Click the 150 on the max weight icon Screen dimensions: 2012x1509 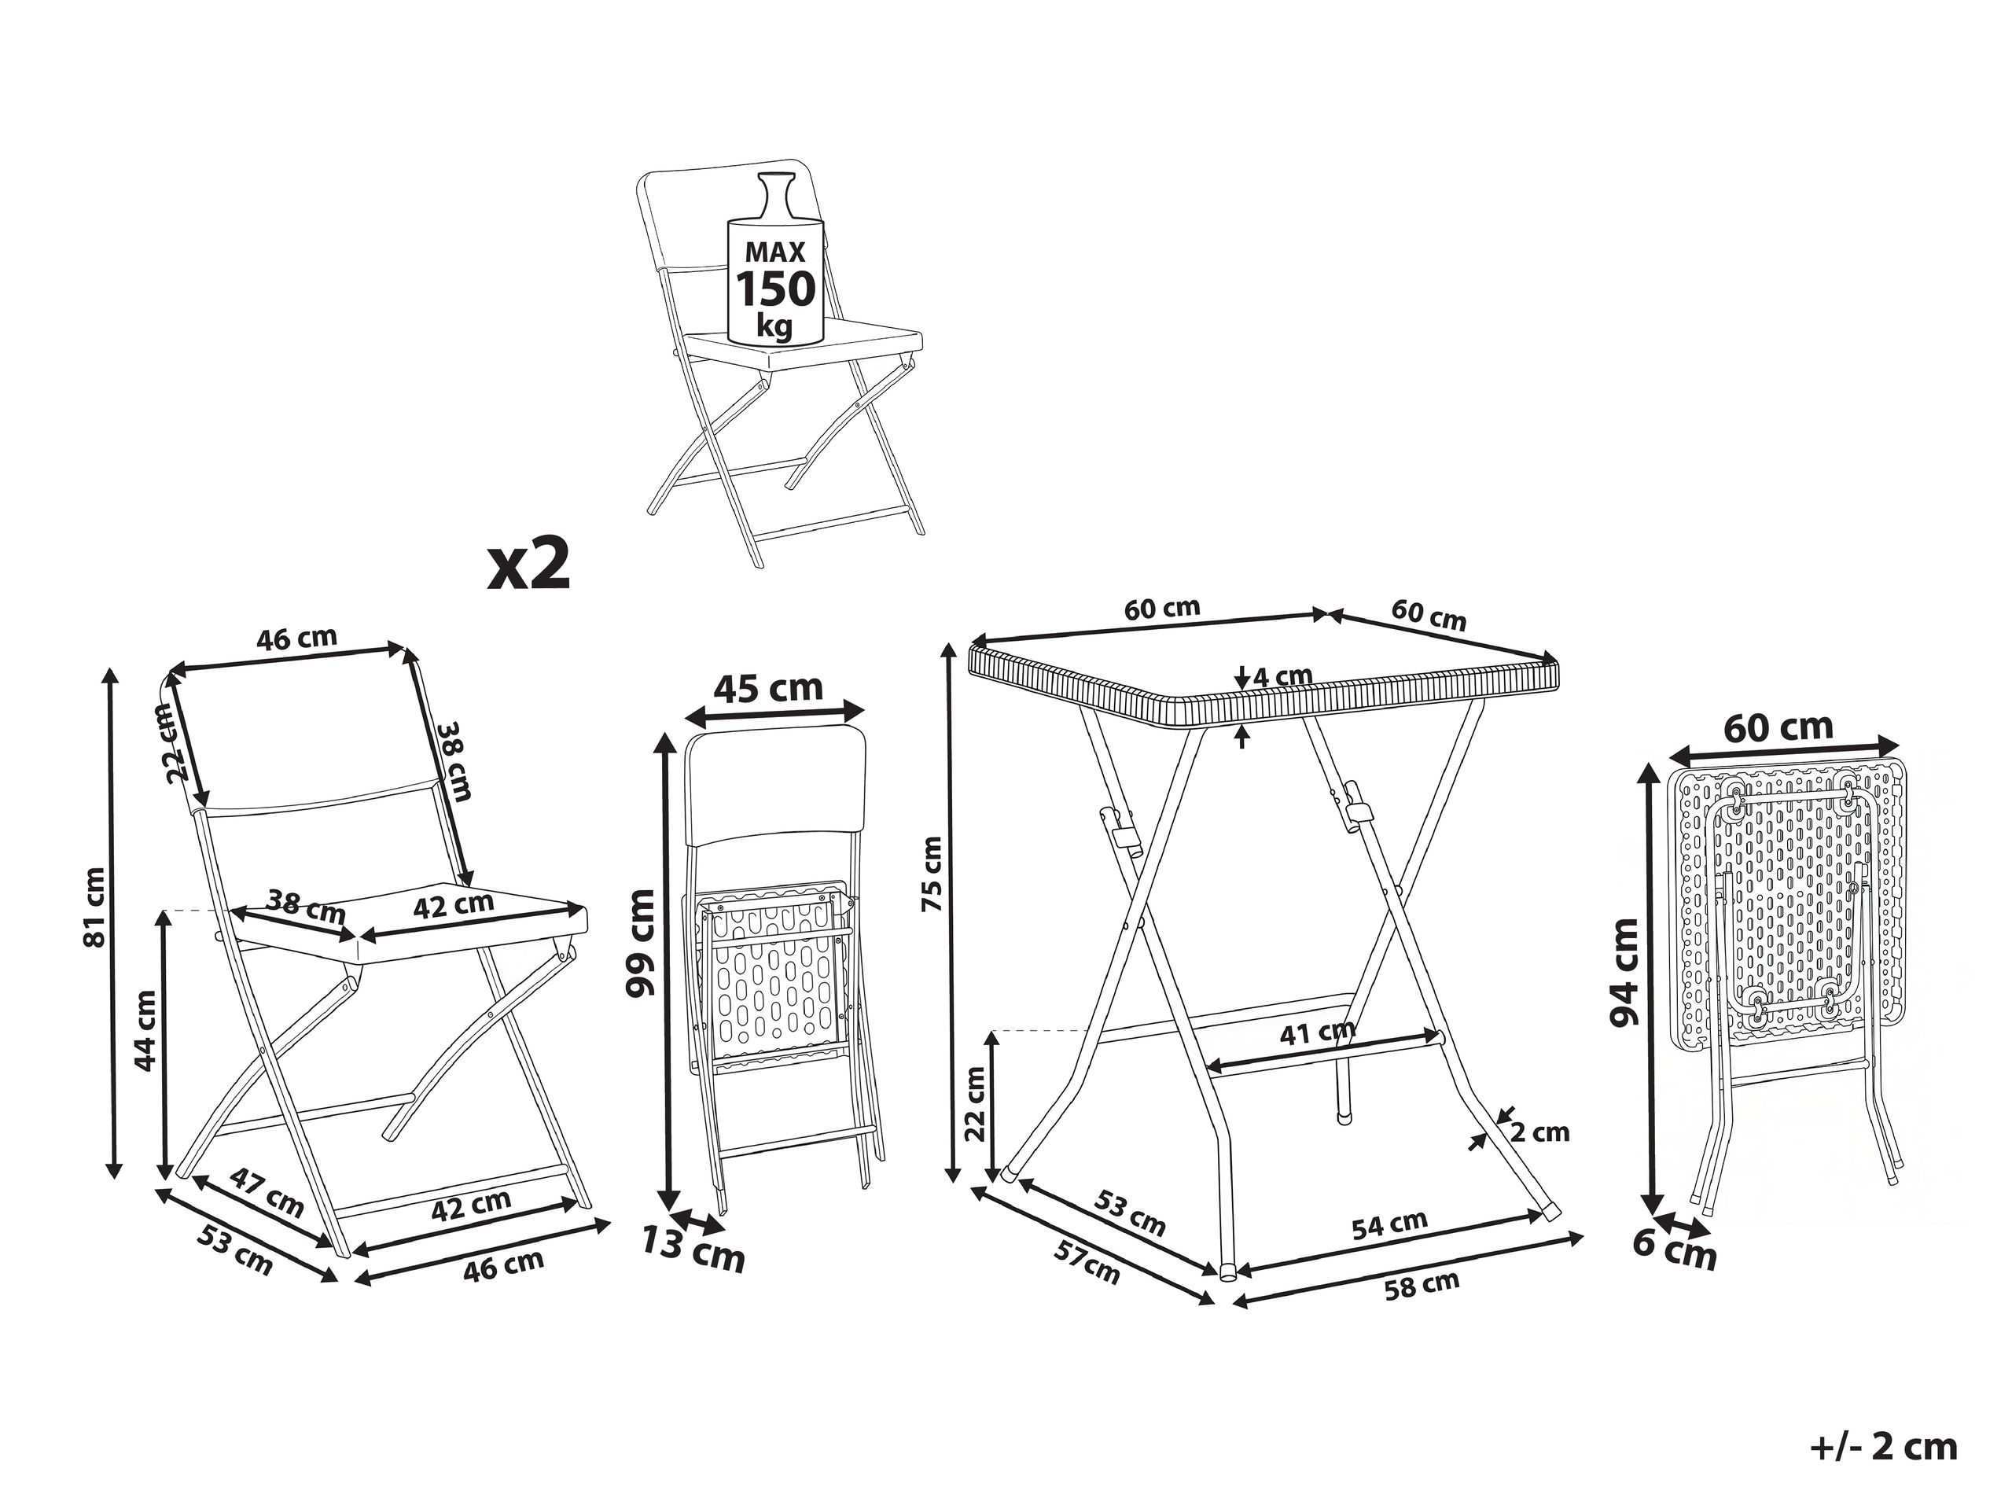776,289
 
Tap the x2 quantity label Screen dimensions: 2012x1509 529,565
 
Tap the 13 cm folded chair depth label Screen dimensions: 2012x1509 693,1250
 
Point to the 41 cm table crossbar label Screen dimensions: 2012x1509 1317,1032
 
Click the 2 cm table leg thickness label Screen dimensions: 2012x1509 1540,1132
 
